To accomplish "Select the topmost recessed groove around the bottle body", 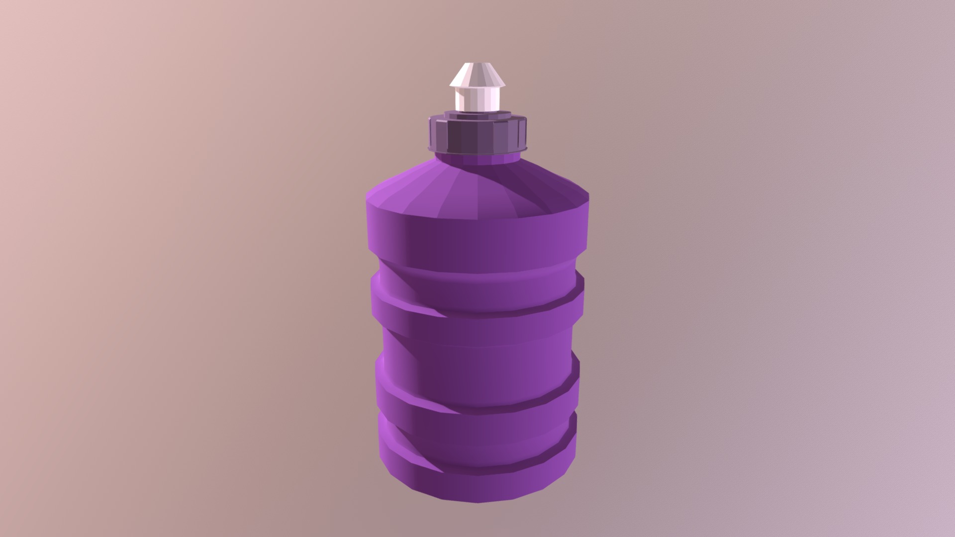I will coord(477,278).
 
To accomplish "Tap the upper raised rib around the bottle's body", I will coord(477,303).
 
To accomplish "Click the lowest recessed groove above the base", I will coord(477,428).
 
